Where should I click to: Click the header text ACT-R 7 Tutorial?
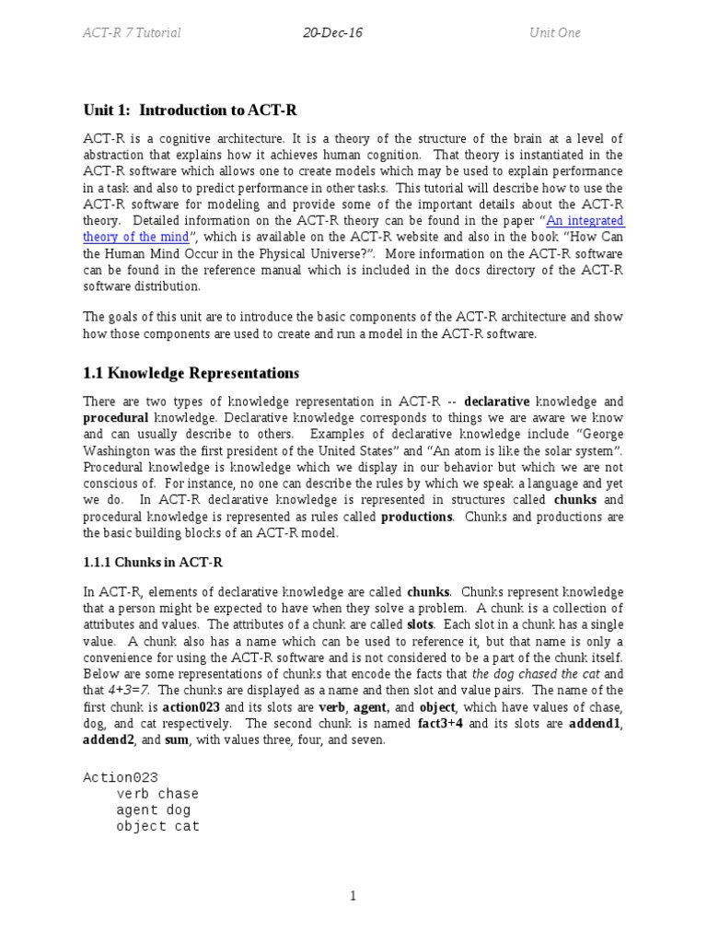pos(132,33)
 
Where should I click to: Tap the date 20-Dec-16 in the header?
pos(333,33)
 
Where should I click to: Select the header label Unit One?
pos(554,33)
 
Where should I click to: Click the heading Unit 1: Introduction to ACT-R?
pos(190,111)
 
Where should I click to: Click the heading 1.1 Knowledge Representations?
pos(191,373)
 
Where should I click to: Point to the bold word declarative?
pos(497,402)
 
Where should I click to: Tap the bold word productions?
pos(416,517)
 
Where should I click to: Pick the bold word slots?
pos(421,624)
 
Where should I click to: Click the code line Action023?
pos(120,778)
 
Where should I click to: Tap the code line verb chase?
pos(157,794)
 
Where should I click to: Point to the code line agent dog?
pos(154,810)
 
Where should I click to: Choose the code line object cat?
pos(157,826)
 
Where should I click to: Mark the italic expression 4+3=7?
pos(129,690)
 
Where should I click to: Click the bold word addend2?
pos(110,739)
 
